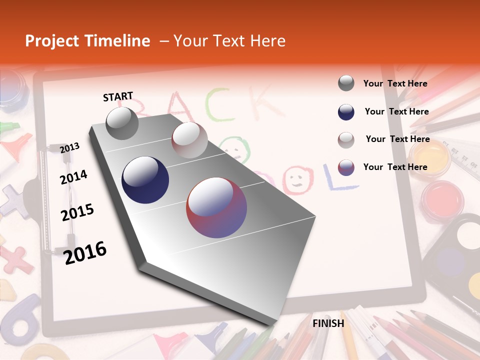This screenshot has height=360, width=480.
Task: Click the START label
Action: click(118, 96)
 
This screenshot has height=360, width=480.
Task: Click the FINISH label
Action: click(328, 323)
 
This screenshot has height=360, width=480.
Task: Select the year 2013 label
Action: click(70, 147)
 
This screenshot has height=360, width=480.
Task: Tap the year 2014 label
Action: click(73, 177)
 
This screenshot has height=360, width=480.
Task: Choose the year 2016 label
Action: click(85, 252)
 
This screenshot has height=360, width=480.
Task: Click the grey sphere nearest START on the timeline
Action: click(122, 123)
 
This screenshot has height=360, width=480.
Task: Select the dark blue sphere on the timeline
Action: click(145, 180)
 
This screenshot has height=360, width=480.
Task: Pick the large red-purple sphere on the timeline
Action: click(216, 207)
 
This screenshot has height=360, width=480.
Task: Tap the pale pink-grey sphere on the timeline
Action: click(189, 140)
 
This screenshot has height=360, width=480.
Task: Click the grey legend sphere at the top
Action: click(346, 83)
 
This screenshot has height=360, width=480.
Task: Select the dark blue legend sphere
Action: click(346, 112)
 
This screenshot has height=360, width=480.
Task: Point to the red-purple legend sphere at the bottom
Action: click(346, 167)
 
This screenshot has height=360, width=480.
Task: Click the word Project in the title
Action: click(51, 41)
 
